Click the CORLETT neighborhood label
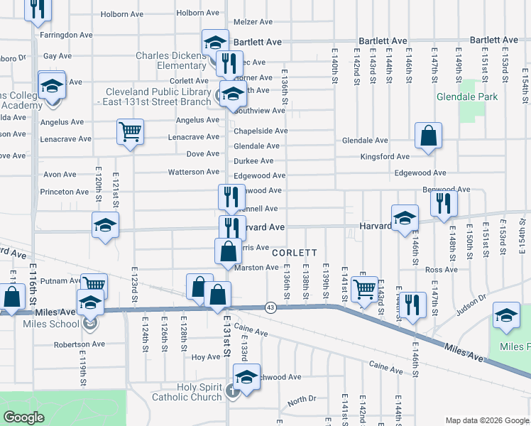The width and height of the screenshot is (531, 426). tap(294, 253)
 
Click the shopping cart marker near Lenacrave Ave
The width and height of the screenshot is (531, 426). tap(131, 131)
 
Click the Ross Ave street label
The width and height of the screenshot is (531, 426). tap(441, 270)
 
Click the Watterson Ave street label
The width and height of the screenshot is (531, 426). tap(193, 172)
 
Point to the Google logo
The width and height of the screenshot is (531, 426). tap(23, 417)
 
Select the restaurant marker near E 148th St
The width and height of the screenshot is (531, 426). tap(444, 203)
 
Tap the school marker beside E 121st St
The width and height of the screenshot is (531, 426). tap(105, 225)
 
